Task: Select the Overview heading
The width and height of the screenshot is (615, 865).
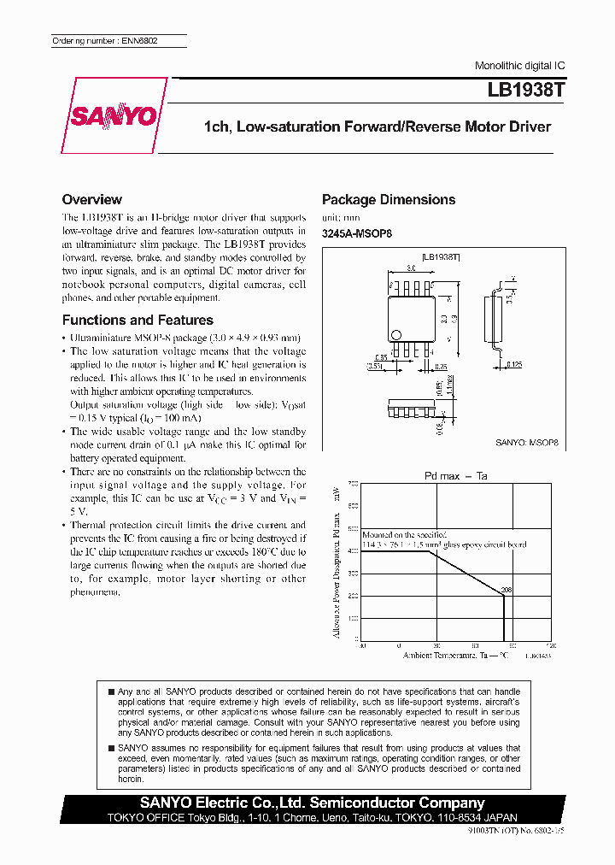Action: [92, 199]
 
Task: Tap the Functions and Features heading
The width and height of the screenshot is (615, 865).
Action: [138, 321]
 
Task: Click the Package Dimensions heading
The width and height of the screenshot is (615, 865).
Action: [389, 200]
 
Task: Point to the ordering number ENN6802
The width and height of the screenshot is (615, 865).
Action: [105, 41]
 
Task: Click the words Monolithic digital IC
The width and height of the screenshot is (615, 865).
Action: [519, 66]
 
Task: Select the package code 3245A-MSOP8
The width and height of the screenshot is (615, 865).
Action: [357, 234]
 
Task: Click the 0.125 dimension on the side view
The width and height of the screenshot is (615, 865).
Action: [513, 366]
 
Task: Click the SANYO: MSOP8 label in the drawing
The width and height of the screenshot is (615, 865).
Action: [527, 443]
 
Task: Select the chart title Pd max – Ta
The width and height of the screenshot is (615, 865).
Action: [455, 475]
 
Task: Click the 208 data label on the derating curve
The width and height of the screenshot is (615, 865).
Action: [506, 590]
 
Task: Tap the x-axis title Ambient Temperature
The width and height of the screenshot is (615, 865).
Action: [455, 655]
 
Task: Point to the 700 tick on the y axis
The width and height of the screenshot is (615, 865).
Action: [353, 485]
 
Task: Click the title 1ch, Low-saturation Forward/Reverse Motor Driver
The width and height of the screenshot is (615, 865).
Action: [377, 127]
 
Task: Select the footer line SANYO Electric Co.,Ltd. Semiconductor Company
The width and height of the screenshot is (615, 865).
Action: [313, 803]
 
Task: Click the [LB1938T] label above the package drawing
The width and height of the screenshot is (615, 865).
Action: [442, 256]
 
